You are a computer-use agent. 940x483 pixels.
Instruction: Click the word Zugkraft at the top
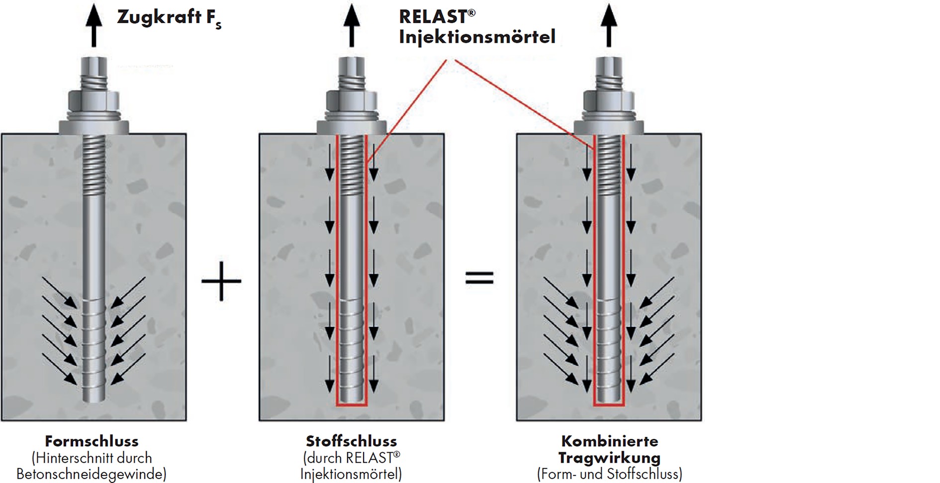point(152,17)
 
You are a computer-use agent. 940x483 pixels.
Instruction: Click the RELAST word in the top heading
point(433,17)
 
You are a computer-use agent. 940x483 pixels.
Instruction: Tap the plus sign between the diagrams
point(221,281)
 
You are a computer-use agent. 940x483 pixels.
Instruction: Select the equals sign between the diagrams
point(479,278)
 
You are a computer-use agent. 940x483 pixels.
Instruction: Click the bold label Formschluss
point(92,441)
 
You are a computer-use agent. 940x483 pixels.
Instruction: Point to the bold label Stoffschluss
point(351,441)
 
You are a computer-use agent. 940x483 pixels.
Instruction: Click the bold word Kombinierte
point(609,441)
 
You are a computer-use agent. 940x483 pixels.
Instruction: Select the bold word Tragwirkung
point(609,458)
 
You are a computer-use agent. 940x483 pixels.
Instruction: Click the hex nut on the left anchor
point(94,101)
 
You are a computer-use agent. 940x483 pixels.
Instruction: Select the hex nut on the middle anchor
point(352,101)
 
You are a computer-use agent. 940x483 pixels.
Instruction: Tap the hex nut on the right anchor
point(609,101)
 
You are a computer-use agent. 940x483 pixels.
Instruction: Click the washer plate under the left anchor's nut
point(94,127)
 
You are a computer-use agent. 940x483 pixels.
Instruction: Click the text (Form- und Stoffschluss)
point(609,474)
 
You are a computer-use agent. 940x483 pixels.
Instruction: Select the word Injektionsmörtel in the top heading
point(476,37)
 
